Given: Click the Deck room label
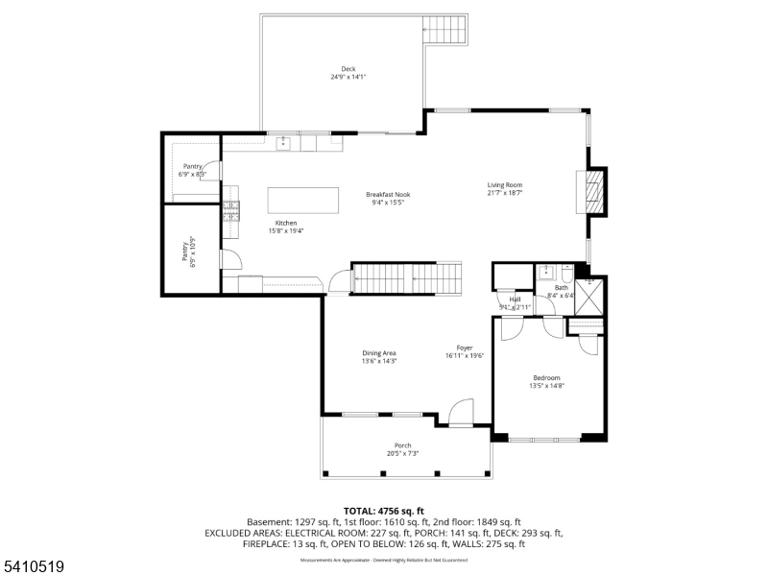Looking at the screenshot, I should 348,69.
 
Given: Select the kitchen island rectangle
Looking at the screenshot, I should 302,200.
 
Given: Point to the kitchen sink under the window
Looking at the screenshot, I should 284,144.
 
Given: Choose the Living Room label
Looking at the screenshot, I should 505,185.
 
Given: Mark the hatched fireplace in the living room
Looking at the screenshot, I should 595,190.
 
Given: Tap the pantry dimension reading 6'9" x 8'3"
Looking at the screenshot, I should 193,175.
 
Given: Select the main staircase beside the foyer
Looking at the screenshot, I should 406,278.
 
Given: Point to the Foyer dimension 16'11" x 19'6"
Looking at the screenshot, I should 465,356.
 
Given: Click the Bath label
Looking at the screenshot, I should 561,287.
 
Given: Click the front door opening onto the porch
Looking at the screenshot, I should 462,415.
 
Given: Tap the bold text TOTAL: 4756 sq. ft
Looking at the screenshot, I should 384,511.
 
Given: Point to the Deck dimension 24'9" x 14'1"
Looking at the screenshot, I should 348,77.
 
